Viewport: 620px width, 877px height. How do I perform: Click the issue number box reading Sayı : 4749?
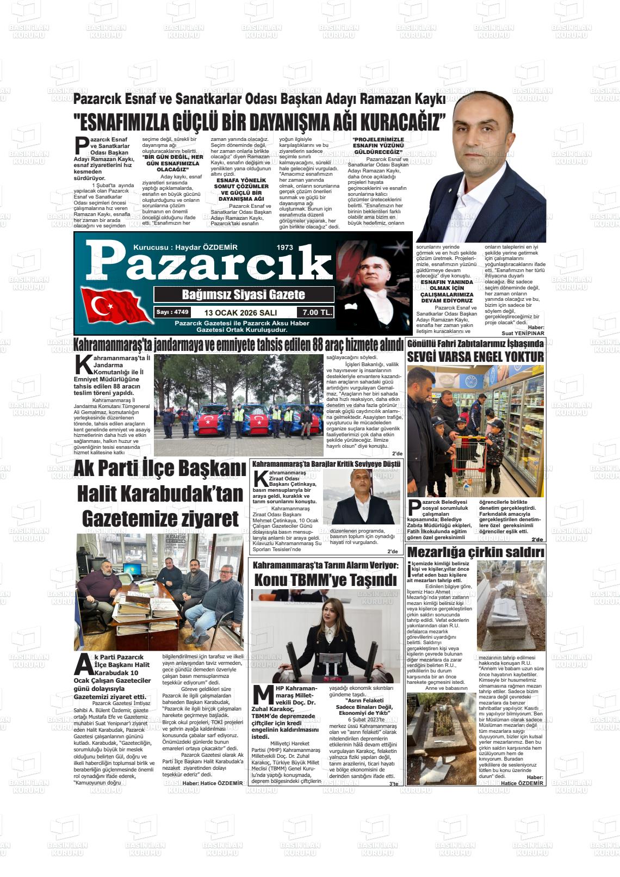(x=172, y=312)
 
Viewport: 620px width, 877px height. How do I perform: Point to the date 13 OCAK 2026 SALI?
(x=240, y=313)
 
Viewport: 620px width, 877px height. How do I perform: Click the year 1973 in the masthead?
(x=285, y=248)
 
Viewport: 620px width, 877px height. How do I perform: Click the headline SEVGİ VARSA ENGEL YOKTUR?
(x=475, y=357)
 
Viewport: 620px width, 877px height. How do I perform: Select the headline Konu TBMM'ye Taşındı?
(x=325, y=580)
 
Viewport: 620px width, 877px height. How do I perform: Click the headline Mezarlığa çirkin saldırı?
(x=475, y=553)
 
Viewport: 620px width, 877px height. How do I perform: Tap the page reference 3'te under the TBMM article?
(x=393, y=783)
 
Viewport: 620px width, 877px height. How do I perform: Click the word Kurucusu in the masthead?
(x=148, y=248)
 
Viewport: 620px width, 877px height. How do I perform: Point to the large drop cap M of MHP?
(x=263, y=697)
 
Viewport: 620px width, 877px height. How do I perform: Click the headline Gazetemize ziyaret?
(x=160, y=518)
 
